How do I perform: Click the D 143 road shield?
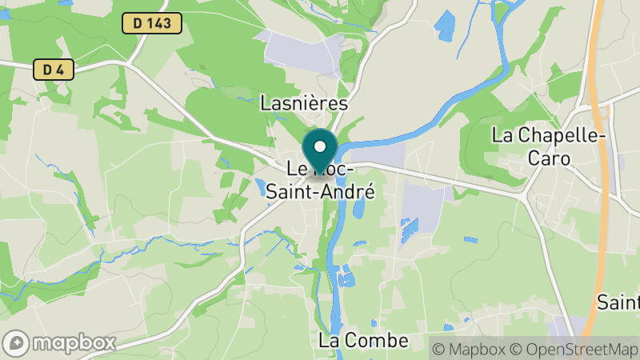click(152, 23)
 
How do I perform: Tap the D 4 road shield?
click(54, 70)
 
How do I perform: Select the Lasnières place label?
click(305, 103)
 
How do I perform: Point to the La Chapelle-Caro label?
click(548, 146)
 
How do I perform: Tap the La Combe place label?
click(363, 340)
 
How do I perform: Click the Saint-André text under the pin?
click(321, 191)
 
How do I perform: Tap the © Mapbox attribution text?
click(472, 349)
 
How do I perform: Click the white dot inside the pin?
click(320, 146)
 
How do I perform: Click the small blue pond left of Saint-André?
click(261, 188)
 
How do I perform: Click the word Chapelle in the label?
click(558, 135)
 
